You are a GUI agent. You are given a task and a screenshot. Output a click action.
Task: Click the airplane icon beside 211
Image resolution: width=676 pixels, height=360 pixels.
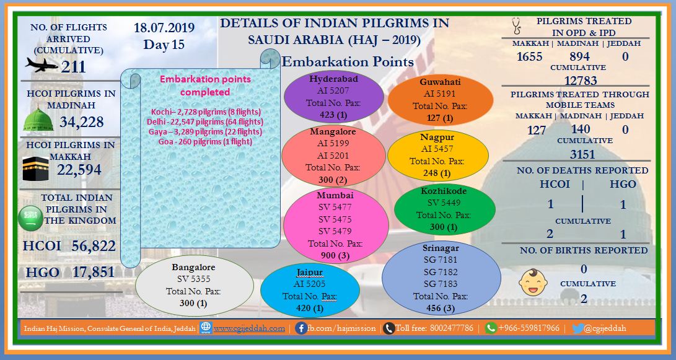click(x=42, y=65)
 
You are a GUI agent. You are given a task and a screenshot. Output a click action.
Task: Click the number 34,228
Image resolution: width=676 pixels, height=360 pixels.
click(x=82, y=122)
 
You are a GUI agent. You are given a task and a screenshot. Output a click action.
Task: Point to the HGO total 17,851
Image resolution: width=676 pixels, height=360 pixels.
click(x=93, y=272)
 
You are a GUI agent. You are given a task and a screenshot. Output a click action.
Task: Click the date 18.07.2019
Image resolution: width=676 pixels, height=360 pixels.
click(x=164, y=28)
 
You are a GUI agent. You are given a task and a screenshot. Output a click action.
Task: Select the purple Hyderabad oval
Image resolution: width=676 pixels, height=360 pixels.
click(x=334, y=97)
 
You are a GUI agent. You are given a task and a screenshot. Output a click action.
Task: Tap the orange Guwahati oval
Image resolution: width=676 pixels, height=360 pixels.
click(x=440, y=100)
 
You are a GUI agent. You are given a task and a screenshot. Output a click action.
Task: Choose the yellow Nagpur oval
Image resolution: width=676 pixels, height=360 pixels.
click(x=438, y=155)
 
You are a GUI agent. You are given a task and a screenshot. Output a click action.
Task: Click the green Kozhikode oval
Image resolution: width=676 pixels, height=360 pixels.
click(x=444, y=209)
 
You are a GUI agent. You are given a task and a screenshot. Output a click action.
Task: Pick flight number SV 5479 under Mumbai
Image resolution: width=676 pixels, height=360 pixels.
click(x=335, y=231)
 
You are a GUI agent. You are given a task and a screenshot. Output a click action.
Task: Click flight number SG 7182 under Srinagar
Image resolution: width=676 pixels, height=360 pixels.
click(x=440, y=272)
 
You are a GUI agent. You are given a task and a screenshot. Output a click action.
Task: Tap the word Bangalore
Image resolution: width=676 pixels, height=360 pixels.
click(x=193, y=267)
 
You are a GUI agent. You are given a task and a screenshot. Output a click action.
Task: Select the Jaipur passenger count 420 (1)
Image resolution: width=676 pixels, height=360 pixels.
click(x=310, y=308)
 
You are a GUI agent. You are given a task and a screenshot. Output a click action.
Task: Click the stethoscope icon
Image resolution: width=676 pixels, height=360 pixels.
click(x=516, y=26)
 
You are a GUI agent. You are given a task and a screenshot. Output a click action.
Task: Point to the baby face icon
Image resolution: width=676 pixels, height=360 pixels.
click(x=533, y=283)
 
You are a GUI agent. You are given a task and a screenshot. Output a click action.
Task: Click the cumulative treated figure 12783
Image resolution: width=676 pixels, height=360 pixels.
click(x=581, y=80)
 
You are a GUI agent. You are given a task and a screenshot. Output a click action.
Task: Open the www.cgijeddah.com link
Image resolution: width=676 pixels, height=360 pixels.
click(x=249, y=328)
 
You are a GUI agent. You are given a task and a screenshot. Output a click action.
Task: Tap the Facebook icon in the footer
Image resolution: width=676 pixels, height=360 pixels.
click(x=301, y=328)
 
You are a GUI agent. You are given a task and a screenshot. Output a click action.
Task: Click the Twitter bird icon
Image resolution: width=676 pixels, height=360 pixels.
click(x=577, y=328)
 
